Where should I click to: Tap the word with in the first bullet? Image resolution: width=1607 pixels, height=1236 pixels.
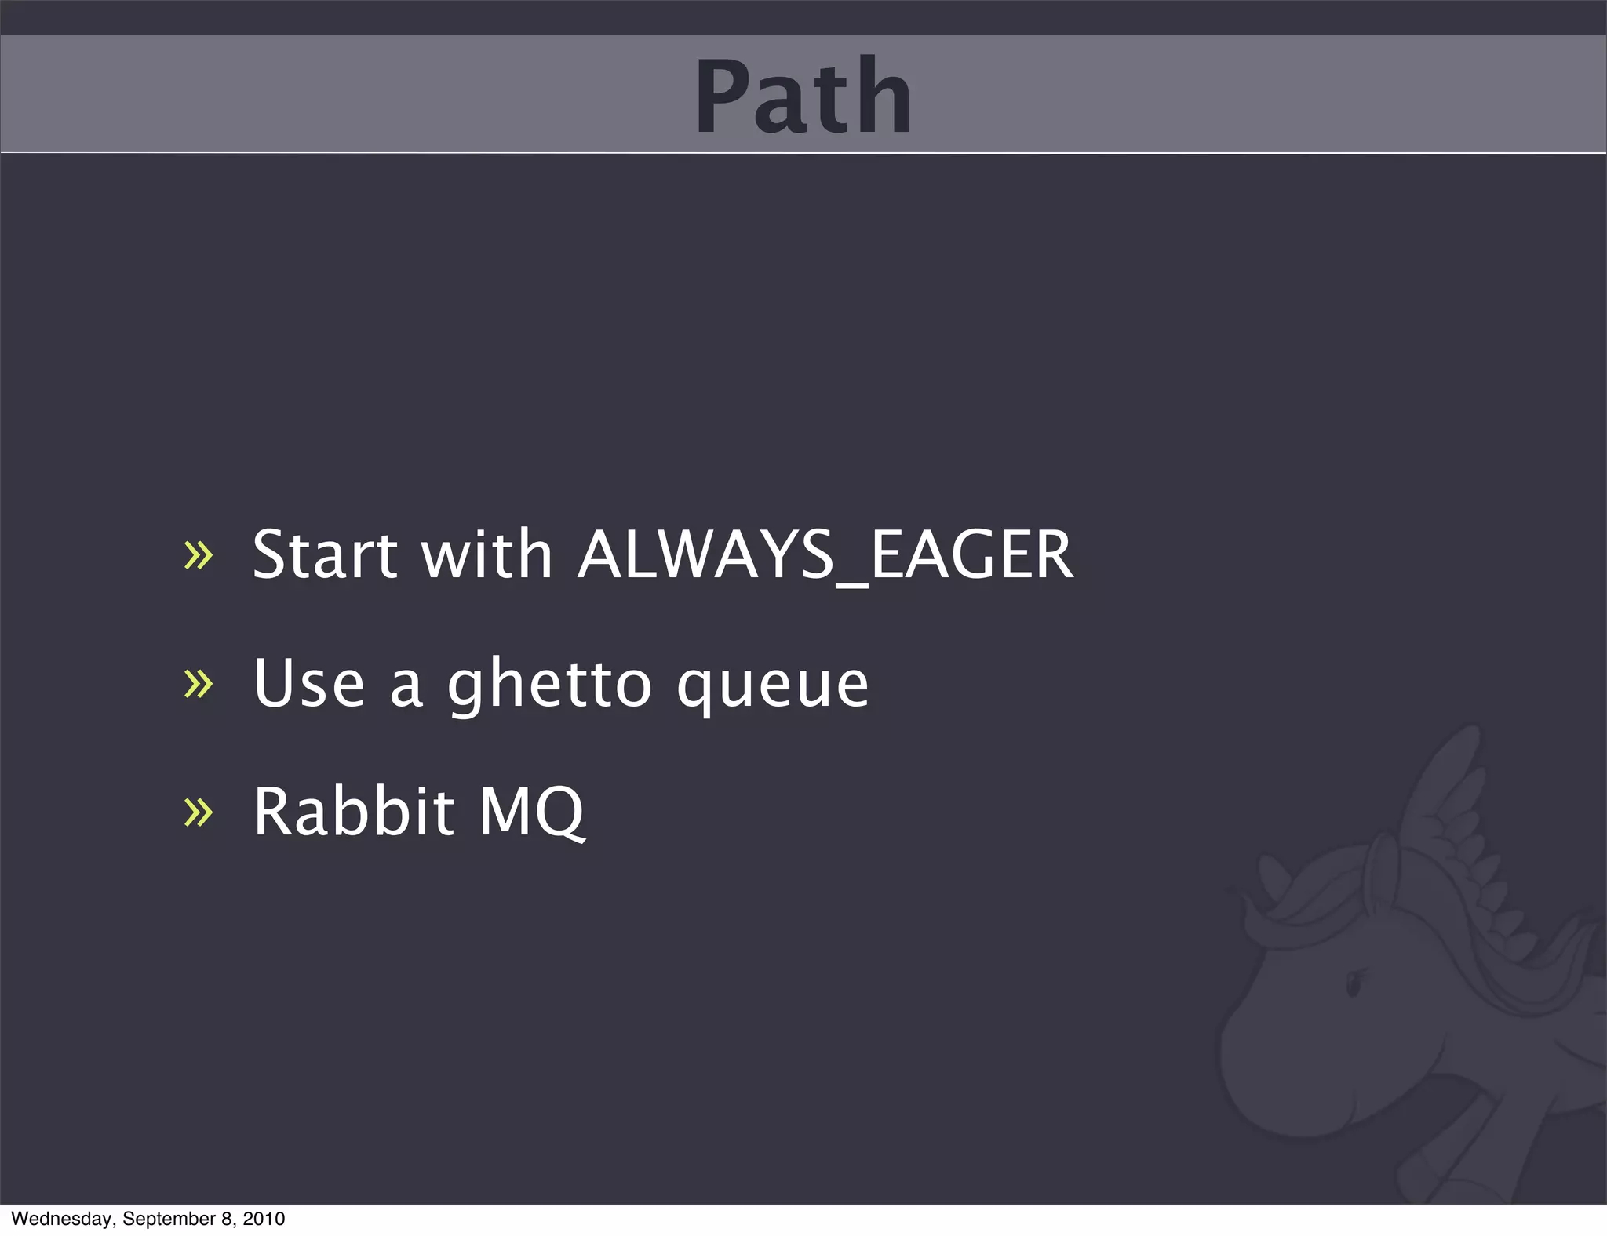pyautogui.click(x=486, y=555)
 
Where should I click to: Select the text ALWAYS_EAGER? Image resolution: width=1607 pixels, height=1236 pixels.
pyautogui.click(x=825, y=555)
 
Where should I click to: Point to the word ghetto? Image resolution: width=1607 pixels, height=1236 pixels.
pyautogui.click(x=549, y=684)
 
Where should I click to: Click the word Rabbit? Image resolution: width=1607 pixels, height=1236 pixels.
pyautogui.click(x=353, y=812)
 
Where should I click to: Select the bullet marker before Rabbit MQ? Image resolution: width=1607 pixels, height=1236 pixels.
pyautogui.click(x=198, y=812)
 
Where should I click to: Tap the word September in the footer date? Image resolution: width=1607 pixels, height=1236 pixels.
pyautogui.click(x=169, y=1219)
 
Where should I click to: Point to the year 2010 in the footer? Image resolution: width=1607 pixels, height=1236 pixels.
pyautogui.click(x=264, y=1219)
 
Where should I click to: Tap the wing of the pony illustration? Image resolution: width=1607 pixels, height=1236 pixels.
pyautogui.click(x=1452, y=808)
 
